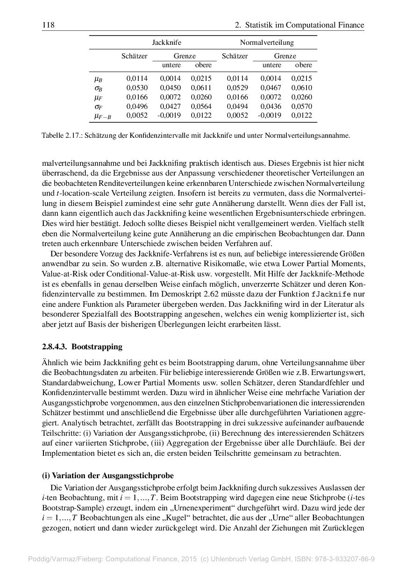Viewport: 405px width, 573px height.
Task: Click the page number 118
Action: click(x=48, y=25)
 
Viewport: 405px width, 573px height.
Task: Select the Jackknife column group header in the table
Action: click(x=167, y=42)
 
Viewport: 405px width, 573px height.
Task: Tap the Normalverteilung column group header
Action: click(x=267, y=42)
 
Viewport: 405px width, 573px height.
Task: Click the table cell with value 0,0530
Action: click(x=137, y=88)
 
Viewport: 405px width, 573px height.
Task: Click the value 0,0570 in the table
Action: click(x=301, y=106)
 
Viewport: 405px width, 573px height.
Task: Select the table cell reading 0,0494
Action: click(x=237, y=106)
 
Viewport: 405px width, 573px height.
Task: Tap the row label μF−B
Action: click(x=102, y=116)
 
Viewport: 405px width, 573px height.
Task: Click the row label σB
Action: click(x=99, y=88)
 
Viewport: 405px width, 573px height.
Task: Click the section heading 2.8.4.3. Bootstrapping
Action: click(x=82, y=347)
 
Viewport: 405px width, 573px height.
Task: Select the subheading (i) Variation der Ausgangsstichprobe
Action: click(x=107, y=475)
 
